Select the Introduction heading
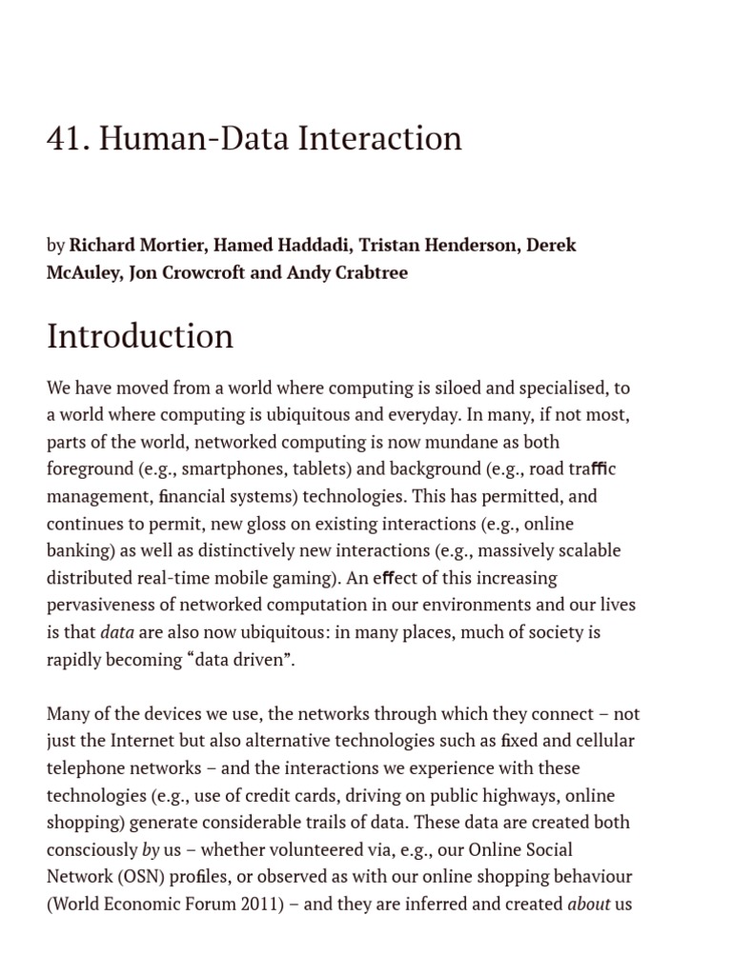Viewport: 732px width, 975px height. [x=140, y=336]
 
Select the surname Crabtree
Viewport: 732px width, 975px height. [x=370, y=273]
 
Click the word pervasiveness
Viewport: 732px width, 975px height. [x=104, y=606]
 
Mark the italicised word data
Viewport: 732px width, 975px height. [x=117, y=632]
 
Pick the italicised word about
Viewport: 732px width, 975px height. [x=588, y=904]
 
